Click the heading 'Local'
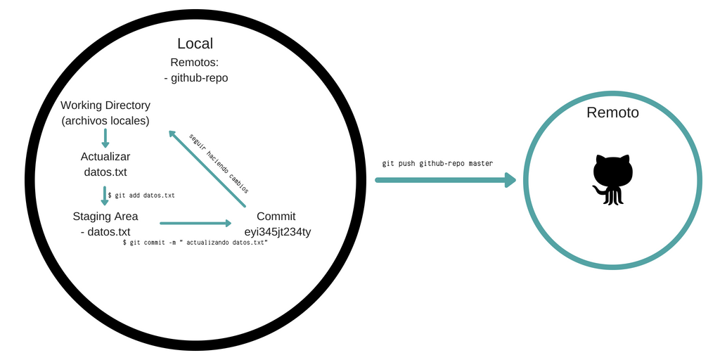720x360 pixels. pos(195,44)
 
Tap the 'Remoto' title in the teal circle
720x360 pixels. pos(612,112)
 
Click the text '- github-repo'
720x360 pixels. pos(195,78)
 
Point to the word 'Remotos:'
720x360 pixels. pos(195,62)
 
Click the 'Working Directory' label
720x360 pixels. pos(105,105)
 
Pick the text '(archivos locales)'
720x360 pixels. pos(105,121)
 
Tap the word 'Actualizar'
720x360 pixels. pos(105,156)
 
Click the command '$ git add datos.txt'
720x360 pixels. pos(141,195)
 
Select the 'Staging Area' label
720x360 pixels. pos(105,216)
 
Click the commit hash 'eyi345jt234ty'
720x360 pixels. pos(276,231)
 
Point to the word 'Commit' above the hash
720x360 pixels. pos(276,216)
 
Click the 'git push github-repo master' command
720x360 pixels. pos(437,163)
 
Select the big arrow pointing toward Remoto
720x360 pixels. pos(445,180)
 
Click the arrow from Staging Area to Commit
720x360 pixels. pos(195,224)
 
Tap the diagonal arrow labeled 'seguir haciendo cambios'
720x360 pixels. pos(207,169)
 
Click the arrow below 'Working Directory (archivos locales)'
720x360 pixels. pos(105,137)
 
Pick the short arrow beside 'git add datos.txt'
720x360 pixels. pos(105,195)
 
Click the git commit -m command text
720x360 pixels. pos(195,242)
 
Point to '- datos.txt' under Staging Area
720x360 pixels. pos(105,231)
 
